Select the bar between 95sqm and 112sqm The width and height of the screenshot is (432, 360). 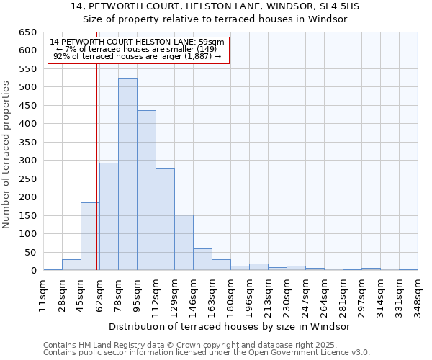click(x=146, y=191)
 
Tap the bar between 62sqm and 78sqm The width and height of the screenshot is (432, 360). click(x=109, y=217)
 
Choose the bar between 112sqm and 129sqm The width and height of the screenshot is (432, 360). click(x=165, y=220)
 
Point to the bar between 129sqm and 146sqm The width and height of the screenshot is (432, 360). click(x=184, y=243)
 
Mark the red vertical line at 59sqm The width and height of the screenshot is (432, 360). click(x=96, y=151)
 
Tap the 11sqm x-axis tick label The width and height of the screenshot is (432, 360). click(x=43, y=296)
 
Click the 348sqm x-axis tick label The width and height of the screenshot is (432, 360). click(x=418, y=296)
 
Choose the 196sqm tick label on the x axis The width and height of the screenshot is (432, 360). click(x=249, y=296)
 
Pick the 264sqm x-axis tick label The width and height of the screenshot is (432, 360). click(x=324, y=296)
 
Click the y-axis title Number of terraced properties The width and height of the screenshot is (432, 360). click(x=7, y=155)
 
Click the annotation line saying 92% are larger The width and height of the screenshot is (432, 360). click(x=137, y=57)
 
